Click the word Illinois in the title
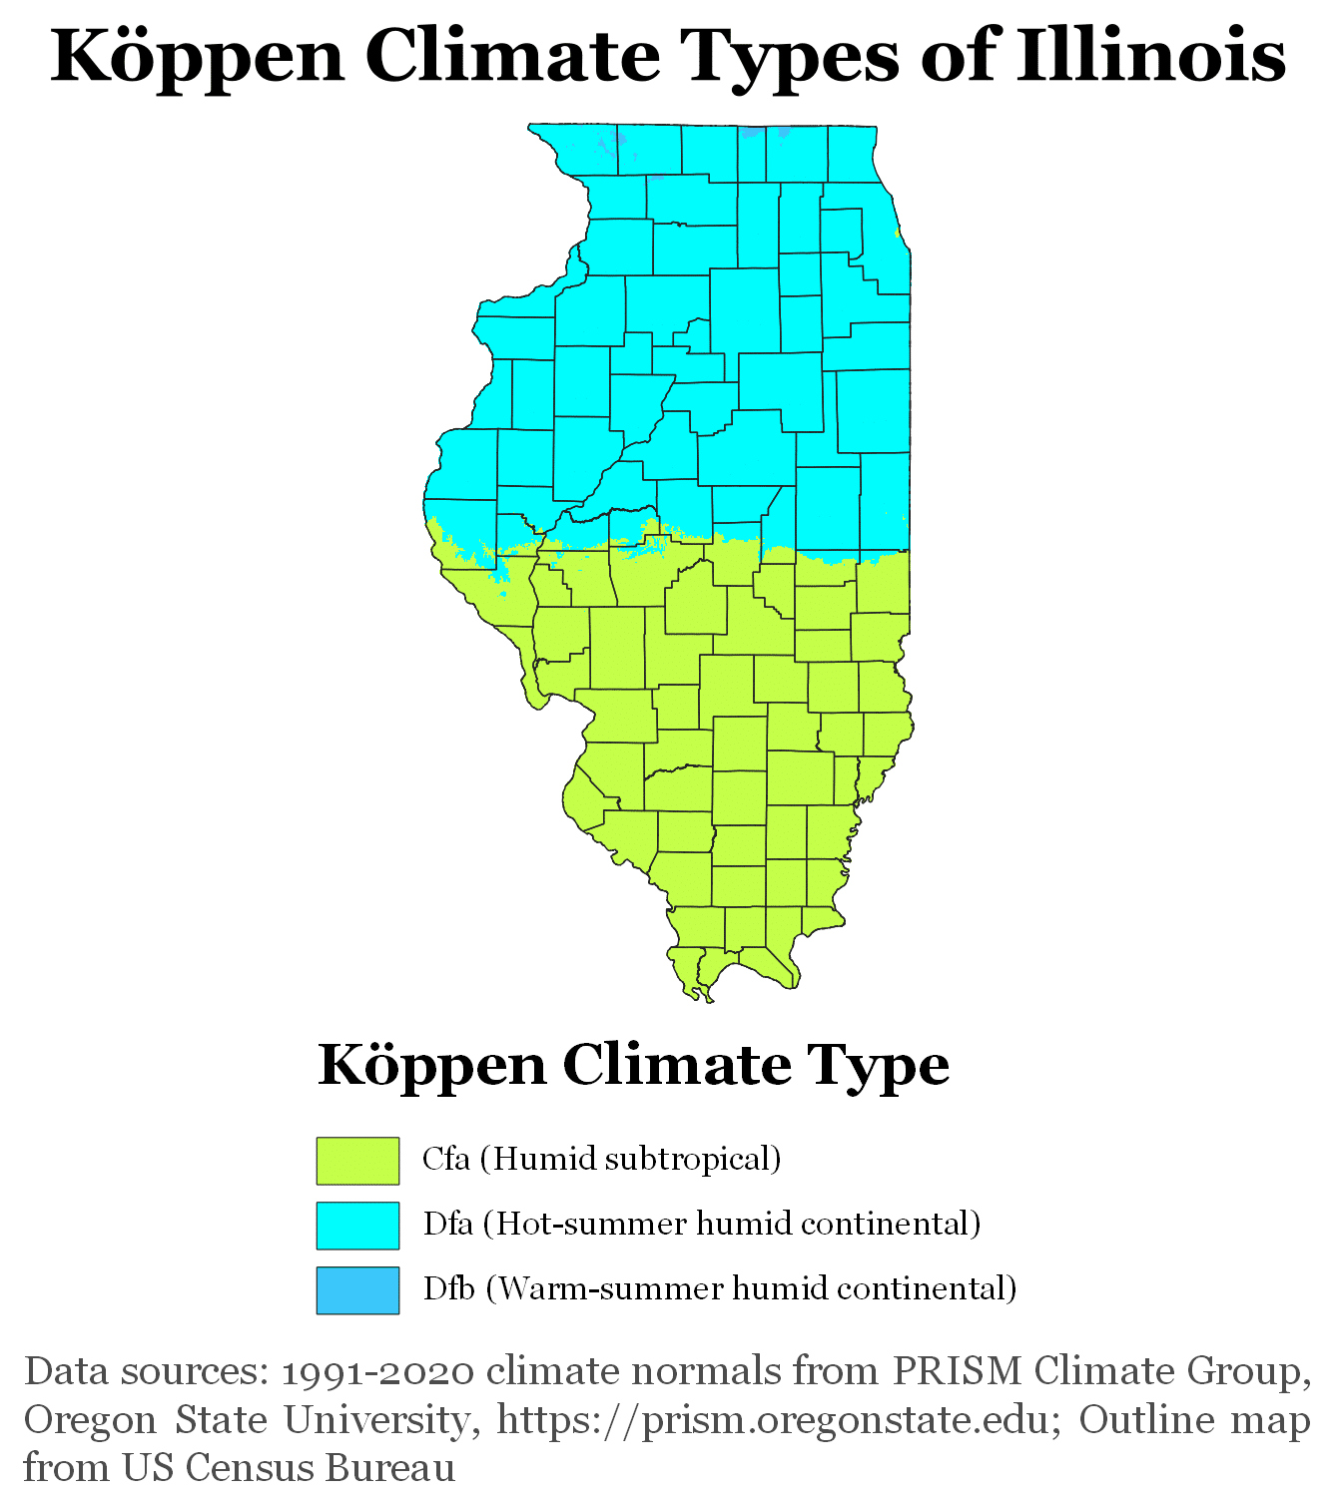click(x=1150, y=56)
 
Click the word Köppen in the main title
click(x=198, y=58)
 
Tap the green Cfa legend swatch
click(x=357, y=1161)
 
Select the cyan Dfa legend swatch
click(x=357, y=1226)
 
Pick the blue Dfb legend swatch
click(x=357, y=1290)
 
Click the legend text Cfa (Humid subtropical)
click(x=601, y=1159)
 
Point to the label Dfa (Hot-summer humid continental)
click(x=701, y=1224)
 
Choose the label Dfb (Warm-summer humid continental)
click(x=719, y=1288)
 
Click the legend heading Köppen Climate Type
click(x=633, y=1066)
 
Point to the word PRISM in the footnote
click(x=957, y=1371)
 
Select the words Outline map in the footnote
click(x=1194, y=1419)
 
